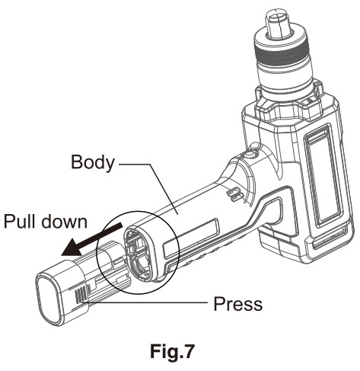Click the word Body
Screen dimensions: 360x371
point(93,162)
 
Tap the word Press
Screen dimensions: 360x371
point(237,304)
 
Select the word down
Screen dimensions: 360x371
point(64,221)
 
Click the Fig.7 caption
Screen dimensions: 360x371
point(172,351)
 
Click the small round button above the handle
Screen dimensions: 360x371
point(250,154)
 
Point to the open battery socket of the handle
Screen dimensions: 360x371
point(139,254)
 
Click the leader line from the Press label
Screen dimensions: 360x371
point(145,302)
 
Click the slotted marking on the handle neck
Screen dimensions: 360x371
point(234,194)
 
